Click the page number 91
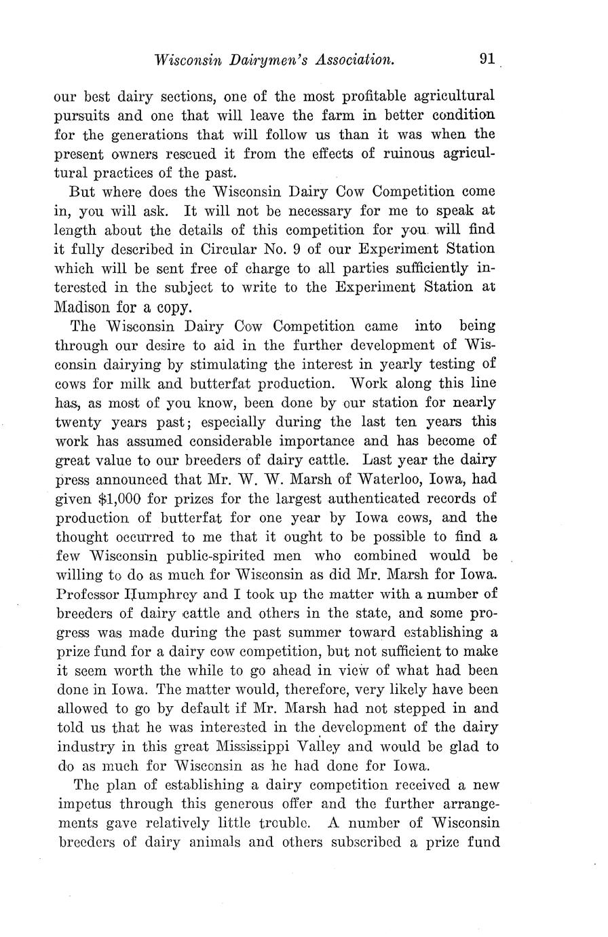point(487,59)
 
